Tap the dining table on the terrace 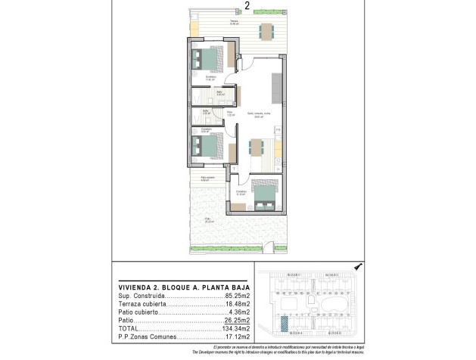coord(266,31)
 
